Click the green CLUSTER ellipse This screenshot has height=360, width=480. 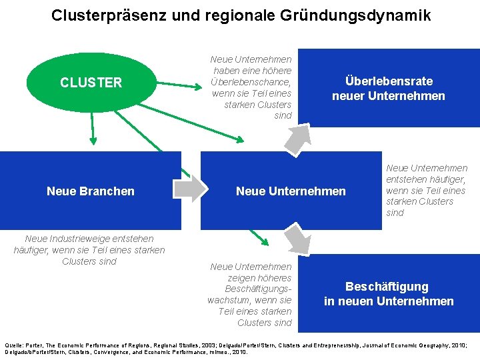click(x=91, y=83)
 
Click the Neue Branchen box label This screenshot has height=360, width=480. click(x=91, y=191)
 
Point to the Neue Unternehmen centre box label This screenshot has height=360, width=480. click(x=291, y=191)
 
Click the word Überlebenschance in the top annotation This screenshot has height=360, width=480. click(x=251, y=81)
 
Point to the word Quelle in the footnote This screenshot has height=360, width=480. click(x=15, y=338)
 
